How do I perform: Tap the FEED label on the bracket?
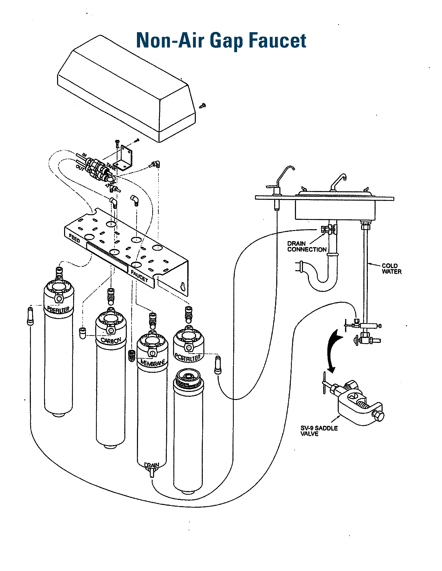pyautogui.click(x=74, y=239)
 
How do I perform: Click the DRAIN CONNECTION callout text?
pyautogui.click(x=307, y=247)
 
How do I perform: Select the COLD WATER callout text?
pyautogui.click(x=391, y=269)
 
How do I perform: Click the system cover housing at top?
pyautogui.click(x=126, y=89)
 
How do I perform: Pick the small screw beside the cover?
pyautogui.click(x=202, y=106)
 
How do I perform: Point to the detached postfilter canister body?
pyautogui.click(x=188, y=431)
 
